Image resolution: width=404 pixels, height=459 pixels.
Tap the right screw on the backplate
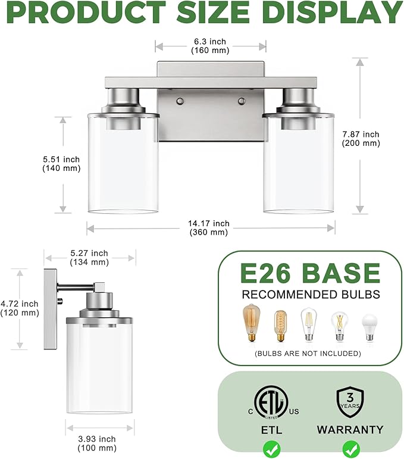[242, 101]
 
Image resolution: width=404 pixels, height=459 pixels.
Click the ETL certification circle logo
[271, 400]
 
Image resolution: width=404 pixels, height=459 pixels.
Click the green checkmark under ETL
[271, 448]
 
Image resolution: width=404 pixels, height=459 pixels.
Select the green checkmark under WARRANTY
[350, 448]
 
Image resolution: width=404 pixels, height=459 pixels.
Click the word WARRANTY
[350, 429]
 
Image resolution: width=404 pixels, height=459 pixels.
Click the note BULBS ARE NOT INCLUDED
[307, 354]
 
